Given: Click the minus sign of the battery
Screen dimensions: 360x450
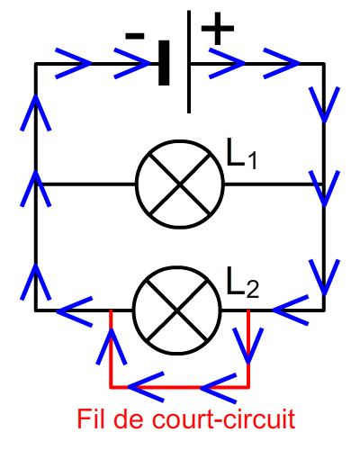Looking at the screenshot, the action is (135, 36).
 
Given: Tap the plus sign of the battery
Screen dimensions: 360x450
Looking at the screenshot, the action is (218, 29).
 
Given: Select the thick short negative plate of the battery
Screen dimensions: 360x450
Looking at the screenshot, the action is (164, 63).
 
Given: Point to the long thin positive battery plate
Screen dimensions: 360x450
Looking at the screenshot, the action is (189, 62).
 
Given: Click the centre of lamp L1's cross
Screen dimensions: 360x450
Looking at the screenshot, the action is (180, 184).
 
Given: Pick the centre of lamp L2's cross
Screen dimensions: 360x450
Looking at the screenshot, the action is (177, 310).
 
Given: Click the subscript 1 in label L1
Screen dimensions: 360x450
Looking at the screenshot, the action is (252, 160).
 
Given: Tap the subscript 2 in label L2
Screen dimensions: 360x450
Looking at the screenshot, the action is (253, 289).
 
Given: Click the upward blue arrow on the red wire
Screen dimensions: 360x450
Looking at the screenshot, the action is (111, 346).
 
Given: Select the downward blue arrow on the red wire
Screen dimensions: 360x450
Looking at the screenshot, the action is (248, 346).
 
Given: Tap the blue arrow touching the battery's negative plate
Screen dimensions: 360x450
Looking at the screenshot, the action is (132, 63).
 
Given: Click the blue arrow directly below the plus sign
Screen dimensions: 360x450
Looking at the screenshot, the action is (227, 63).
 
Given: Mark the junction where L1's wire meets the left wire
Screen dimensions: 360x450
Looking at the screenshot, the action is (36, 184).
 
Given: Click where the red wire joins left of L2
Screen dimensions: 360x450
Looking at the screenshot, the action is (111, 310).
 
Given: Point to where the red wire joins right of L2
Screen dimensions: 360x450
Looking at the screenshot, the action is (248, 310).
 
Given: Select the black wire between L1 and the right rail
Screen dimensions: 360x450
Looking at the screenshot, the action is (274, 184).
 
